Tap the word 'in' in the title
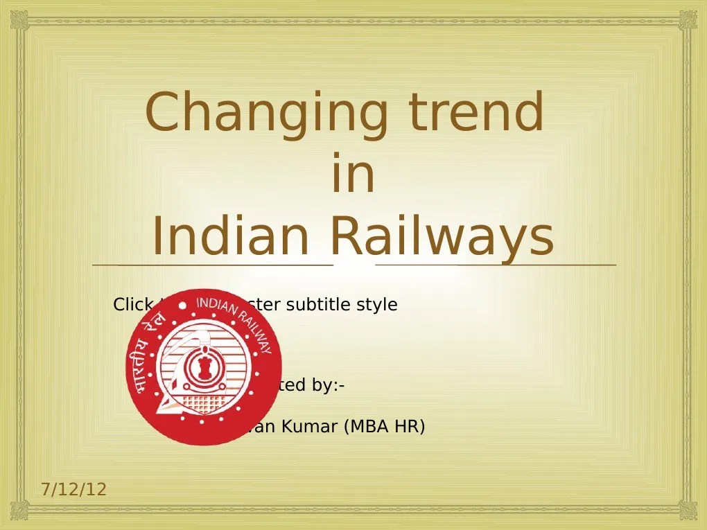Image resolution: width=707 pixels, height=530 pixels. coord(353,176)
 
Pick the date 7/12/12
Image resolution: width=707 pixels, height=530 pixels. coord(73,490)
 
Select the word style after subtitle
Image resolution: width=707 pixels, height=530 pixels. coord(377,305)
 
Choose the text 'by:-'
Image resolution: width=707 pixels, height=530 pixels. coord(329,385)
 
